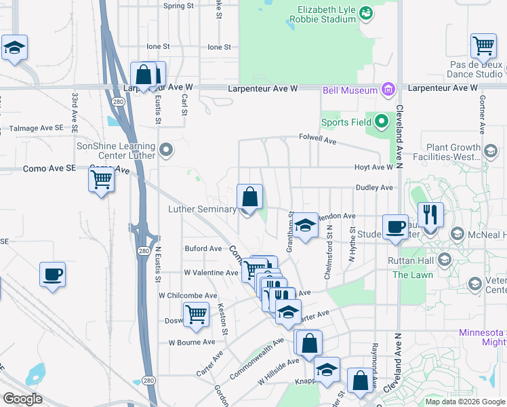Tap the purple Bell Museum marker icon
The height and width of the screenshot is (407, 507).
pos(388,90)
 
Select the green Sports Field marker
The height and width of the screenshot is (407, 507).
pos(382,122)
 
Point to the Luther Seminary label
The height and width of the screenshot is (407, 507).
pos(202,210)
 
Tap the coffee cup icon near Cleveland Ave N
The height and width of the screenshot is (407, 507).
pos(394,227)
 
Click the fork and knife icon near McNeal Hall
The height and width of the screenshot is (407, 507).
pos(430,214)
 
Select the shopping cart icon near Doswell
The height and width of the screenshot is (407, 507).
pos(197,314)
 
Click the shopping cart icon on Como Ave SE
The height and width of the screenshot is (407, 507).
pos(101,180)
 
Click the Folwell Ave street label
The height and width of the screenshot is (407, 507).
pos(318,138)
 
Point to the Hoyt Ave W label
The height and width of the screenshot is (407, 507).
pos(373,167)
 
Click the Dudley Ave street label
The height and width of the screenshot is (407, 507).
pos(373,187)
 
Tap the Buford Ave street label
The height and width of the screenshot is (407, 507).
pos(203,249)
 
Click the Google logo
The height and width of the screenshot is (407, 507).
pos(23,399)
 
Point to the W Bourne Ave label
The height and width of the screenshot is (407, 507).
pos(192,342)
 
